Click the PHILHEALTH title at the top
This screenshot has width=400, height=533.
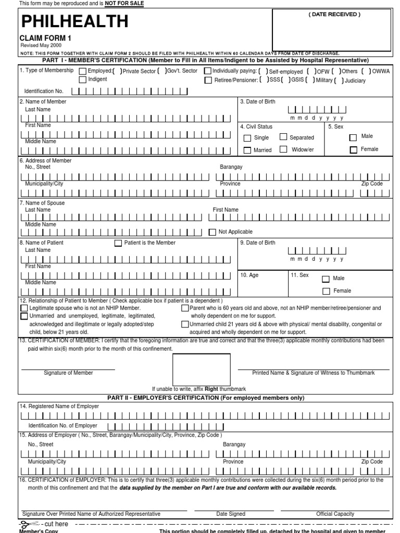[74, 21]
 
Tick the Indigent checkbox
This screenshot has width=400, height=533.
[83, 80]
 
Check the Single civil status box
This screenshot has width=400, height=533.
[247, 138]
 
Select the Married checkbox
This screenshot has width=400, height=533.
[247, 150]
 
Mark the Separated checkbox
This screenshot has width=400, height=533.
[283, 137]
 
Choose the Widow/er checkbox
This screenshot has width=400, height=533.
[283, 149]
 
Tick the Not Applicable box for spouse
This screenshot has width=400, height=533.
[212, 232]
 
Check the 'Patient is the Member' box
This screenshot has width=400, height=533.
[118, 243]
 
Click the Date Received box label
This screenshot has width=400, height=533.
[334, 15]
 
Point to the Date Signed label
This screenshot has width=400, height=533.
[231, 514]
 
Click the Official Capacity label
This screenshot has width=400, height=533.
[335, 514]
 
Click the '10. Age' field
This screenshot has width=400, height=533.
[262, 284]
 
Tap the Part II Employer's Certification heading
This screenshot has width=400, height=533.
[205, 398]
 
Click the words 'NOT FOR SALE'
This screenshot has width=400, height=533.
[124, 4]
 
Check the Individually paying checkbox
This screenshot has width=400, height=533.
[208, 71]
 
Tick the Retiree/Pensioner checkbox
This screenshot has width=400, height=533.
[208, 80]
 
